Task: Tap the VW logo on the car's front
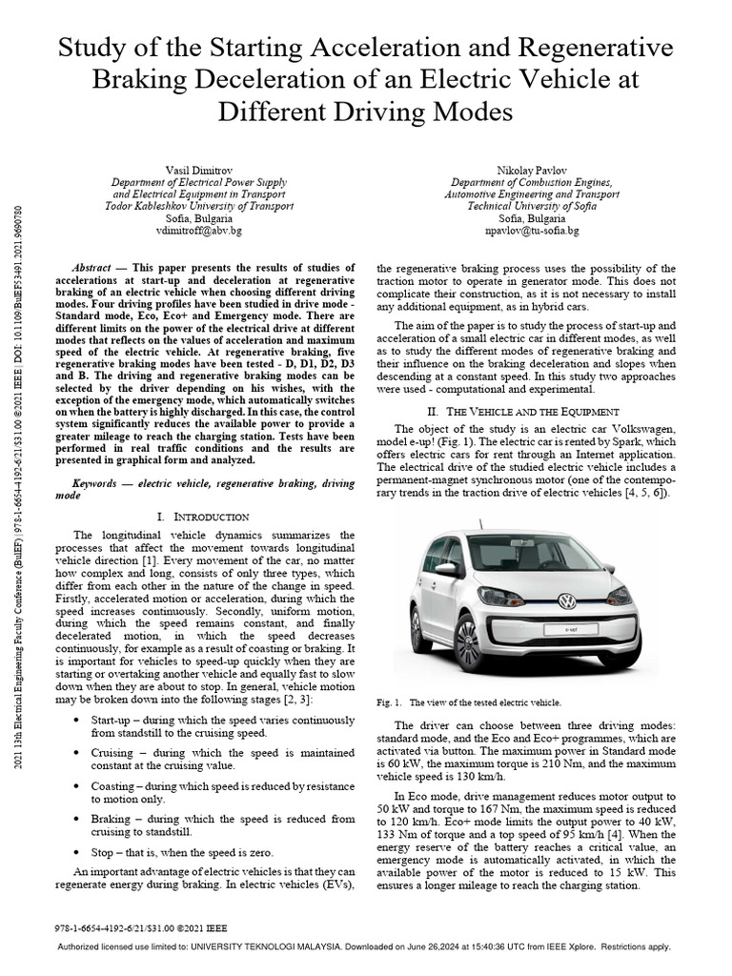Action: point(566,601)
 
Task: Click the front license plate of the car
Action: point(571,630)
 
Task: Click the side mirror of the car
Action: point(445,569)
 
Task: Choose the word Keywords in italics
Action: point(101,484)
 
